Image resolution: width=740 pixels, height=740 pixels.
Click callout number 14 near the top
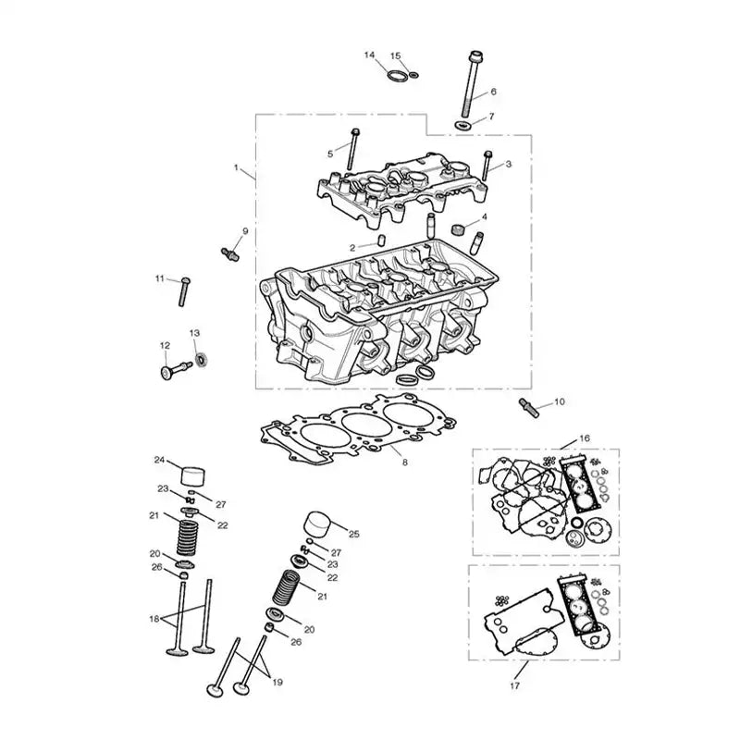tap(369, 55)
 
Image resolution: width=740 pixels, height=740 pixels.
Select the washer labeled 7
tap(462, 126)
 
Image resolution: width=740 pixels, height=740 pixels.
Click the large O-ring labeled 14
tap(398, 76)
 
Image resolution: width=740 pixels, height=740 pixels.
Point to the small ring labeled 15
tap(413, 75)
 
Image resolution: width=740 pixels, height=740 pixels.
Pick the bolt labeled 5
tap(353, 149)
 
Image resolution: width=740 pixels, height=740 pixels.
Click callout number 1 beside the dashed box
tap(236, 167)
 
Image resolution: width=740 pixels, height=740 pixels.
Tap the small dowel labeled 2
tap(381, 240)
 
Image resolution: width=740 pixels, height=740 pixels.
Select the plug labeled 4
tap(458, 229)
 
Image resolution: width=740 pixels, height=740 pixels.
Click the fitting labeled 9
tap(230, 253)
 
